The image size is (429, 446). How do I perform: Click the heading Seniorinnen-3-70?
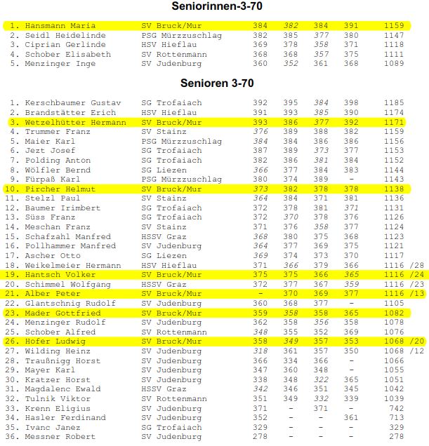point(213,6)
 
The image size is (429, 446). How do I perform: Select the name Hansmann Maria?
point(60,25)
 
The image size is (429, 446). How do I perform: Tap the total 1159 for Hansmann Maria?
point(394,25)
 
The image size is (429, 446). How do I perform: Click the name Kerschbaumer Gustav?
point(72,103)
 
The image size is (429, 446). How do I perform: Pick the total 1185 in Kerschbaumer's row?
point(394,103)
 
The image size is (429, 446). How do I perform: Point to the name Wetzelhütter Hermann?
point(75,122)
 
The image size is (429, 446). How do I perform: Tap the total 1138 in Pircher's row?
point(394,189)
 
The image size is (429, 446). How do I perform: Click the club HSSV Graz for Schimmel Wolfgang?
point(164,284)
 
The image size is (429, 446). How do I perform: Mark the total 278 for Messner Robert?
point(397,437)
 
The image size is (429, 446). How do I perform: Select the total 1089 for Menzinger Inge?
point(394,64)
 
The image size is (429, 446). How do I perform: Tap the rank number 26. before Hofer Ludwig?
point(14,342)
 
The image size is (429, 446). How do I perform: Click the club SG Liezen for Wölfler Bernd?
point(164,170)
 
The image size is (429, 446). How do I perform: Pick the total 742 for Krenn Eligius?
point(397,408)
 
